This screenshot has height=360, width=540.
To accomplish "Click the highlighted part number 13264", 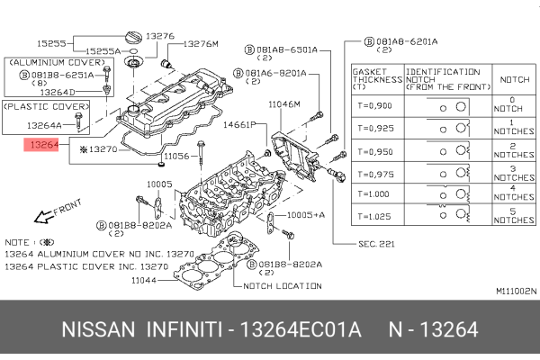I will [x=42, y=142].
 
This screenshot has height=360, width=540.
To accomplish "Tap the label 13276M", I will [x=200, y=43].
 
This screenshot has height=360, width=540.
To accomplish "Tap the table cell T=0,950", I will [x=376, y=148].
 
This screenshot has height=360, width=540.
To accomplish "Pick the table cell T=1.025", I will [x=376, y=216].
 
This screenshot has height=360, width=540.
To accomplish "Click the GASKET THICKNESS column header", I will [x=376, y=78].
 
